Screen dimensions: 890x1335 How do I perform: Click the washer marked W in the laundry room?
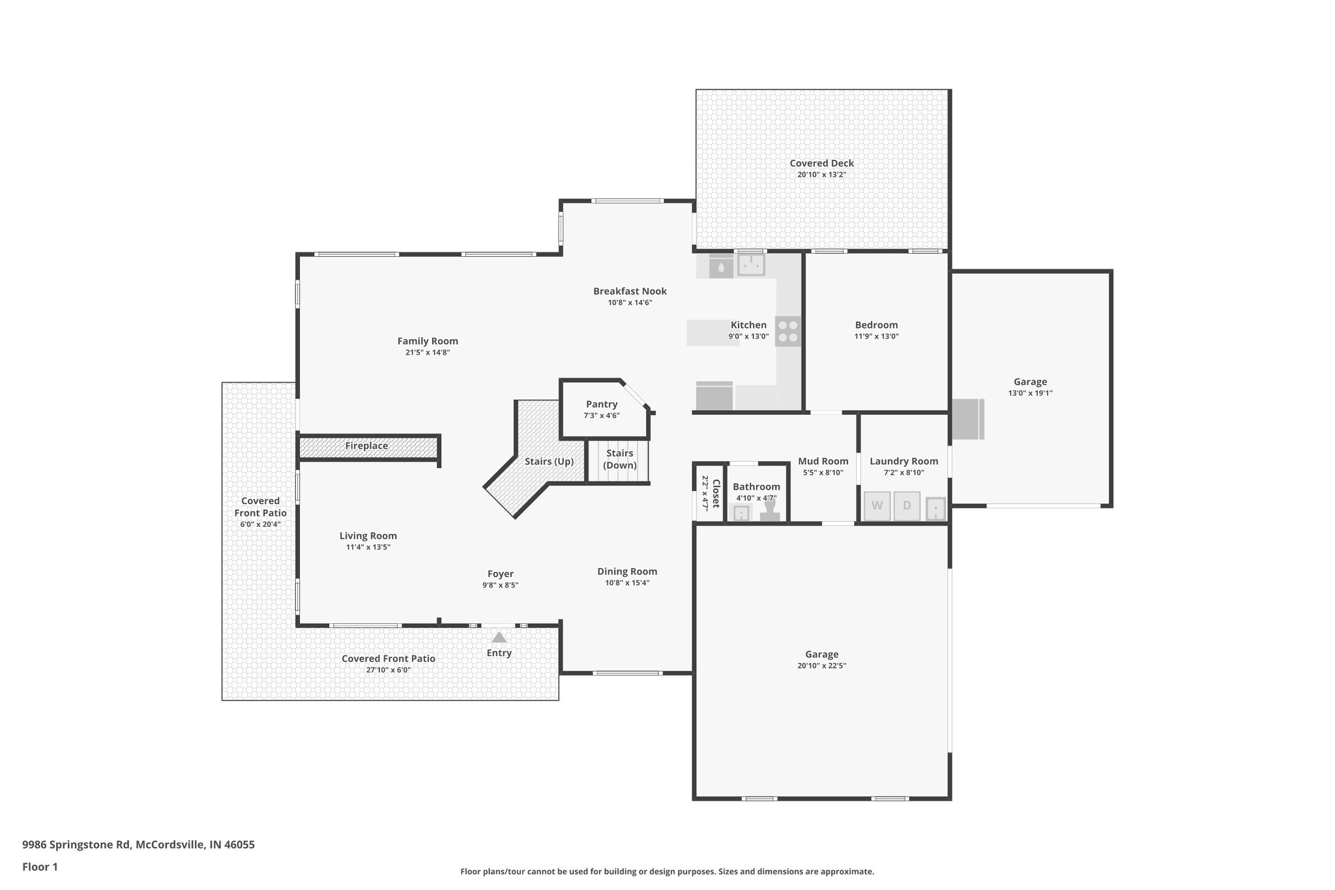(877, 506)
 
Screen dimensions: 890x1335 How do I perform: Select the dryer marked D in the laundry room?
(907, 506)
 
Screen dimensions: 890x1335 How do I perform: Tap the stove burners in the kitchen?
(788, 331)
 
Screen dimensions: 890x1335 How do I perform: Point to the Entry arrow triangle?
(499, 637)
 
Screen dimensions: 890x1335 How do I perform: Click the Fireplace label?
(366, 446)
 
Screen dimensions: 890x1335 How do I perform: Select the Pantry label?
(602, 404)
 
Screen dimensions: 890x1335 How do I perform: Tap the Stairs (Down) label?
(619, 459)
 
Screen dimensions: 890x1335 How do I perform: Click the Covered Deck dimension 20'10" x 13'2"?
(821, 175)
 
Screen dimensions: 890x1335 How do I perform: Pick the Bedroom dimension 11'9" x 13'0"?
(876, 336)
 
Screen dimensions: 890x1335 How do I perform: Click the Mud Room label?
(823, 461)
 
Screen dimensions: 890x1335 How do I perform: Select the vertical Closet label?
(716, 494)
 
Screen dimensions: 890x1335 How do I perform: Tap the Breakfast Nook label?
(630, 291)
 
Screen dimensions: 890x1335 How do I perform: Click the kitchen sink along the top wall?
(751, 265)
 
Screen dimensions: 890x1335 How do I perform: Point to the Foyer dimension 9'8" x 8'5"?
(500, 586)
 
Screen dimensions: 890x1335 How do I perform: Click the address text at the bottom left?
(138, 844)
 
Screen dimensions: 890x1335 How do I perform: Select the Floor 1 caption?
(40, 867)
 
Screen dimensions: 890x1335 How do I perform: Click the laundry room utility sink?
(935, 508)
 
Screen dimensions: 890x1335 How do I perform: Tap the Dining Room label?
(627, 572)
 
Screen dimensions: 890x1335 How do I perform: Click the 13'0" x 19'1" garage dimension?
(1030, 393)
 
